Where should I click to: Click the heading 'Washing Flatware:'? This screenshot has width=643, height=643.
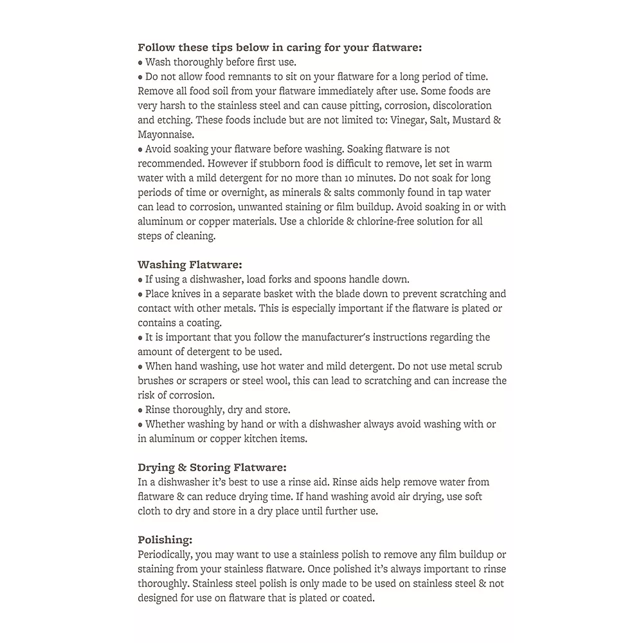click(190, 265)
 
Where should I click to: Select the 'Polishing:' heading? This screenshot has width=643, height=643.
click(165, 540)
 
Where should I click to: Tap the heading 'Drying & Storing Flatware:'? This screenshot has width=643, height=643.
click(212, 467)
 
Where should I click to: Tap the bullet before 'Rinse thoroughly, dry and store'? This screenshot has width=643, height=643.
click(140, 410)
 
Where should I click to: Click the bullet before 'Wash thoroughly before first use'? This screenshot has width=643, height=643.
click(140, 62)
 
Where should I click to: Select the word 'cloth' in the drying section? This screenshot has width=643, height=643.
click(152, 511)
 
